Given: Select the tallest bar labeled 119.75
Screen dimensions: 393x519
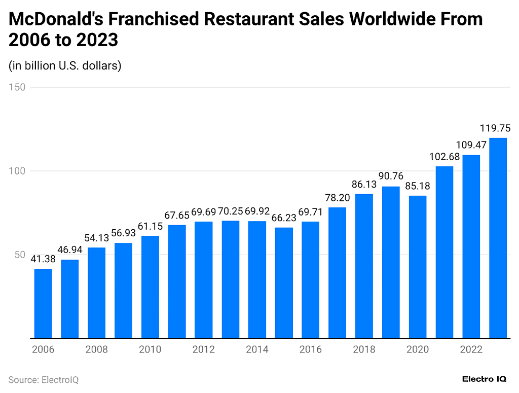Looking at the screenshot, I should (x=498, y=238).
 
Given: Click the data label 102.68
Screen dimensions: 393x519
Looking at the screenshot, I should (x=444, y=157).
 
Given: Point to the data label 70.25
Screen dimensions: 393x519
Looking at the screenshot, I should (x=231, y=211).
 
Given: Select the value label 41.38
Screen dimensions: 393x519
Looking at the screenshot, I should (x=43, y=259).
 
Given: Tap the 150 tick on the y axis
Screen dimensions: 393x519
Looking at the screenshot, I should (x=18, y=87).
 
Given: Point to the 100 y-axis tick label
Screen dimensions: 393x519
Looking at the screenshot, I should (x=18, y=171).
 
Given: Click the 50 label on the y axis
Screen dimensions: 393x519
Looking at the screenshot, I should (x=20, y=255).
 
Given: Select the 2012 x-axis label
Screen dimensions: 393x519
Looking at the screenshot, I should (x=204, y=349).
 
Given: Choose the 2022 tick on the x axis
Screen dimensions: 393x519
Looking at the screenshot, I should (x=471, y=349).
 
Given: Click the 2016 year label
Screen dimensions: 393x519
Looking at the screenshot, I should (x=311, y=349).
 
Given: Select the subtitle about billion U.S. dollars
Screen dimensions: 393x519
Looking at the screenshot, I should (x=65, y=65).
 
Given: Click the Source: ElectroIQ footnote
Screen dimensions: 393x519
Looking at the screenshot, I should (x=44, y=380).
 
